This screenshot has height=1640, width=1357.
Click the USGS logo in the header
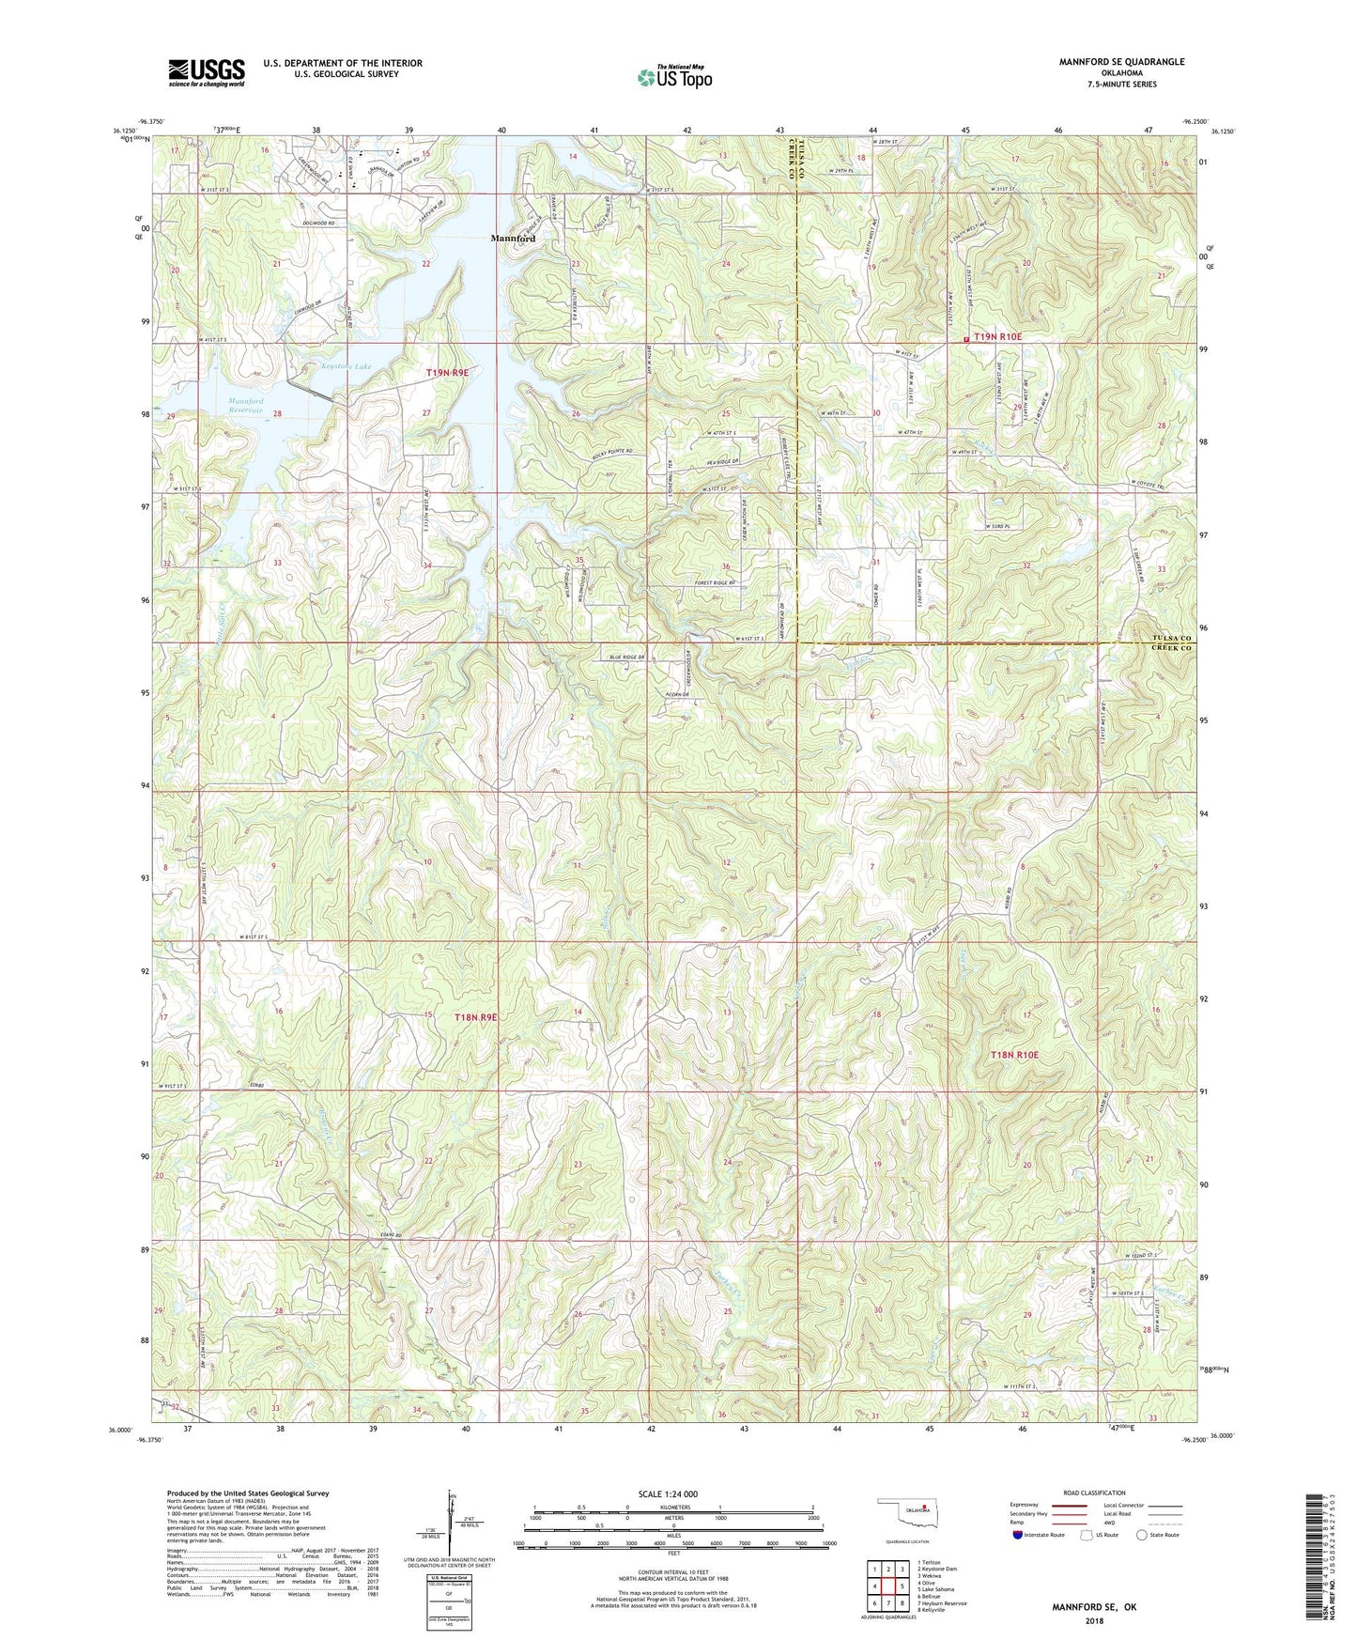click(x=207, y=72)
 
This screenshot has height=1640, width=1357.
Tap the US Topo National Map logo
click(x=673, y=77)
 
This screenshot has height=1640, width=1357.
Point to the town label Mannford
click(x=513, y=239)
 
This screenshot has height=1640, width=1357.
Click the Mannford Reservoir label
click(x=245, y=406)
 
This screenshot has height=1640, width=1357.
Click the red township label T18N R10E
click(x=1015, y=1056)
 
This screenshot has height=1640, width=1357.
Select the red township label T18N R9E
click(x=475, y=1017)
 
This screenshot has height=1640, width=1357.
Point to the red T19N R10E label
click(x=997, y=336)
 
